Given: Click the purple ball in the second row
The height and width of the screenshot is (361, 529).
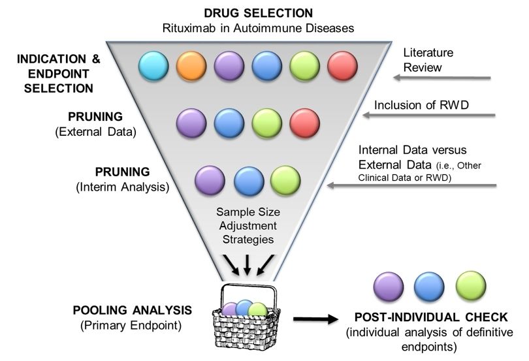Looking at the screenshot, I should coord(192,122).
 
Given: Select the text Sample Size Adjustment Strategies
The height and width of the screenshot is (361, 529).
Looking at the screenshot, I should coord(248,225).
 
